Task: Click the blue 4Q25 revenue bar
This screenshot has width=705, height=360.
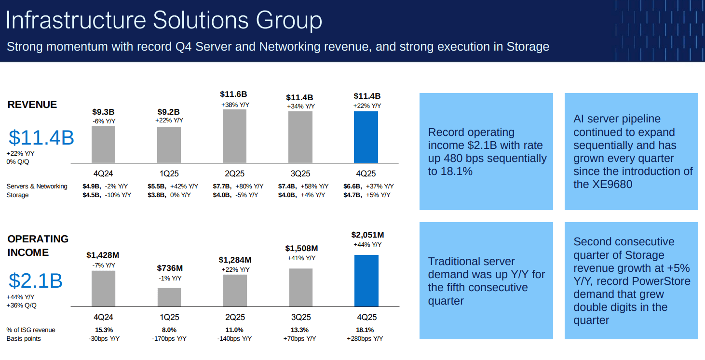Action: pos(366,137)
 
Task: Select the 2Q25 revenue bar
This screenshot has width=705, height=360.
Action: pos(234,136)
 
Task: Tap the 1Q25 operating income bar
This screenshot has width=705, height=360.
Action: pos(169,297)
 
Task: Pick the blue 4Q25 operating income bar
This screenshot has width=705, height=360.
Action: pos(366,280)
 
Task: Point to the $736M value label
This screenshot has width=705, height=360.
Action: pos(169,268)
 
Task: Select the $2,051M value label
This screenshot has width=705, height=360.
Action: pos(367,235)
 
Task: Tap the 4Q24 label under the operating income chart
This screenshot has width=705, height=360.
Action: pos(103,317)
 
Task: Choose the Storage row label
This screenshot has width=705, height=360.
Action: pos(17,195)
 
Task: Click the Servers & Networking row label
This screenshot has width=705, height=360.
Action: pos(37,187)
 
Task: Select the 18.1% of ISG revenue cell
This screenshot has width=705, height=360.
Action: pos(365,330)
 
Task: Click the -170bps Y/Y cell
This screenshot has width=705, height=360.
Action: pos(169,339)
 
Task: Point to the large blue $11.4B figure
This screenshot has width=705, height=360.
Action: pos(41,138)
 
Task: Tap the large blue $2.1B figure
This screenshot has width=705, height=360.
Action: pos(35,281)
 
